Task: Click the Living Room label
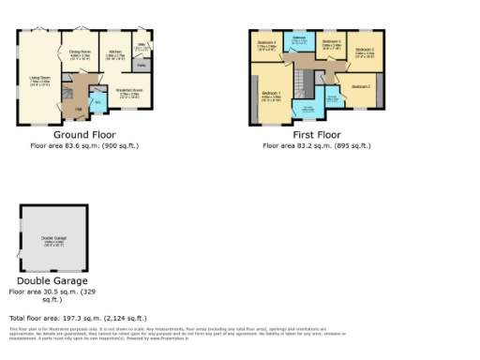[39, 82]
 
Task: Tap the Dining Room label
[79, 53]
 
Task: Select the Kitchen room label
[115, 53]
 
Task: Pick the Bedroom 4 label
[265, 43]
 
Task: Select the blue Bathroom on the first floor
[298, 40]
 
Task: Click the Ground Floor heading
[78, 135]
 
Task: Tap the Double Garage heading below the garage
[52, 280]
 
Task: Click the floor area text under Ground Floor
[78, 146]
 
